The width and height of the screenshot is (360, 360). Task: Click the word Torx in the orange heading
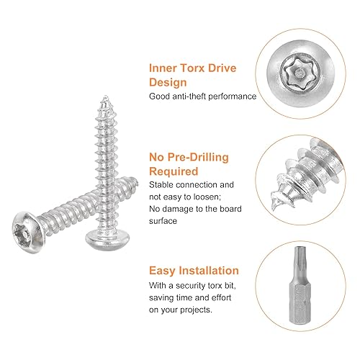point(192,68)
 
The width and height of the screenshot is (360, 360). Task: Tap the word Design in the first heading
point(168,82)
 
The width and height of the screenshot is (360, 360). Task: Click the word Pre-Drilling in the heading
point(198,158)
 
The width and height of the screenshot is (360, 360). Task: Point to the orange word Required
point(174,171)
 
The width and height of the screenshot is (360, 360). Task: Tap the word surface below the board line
point(163,221)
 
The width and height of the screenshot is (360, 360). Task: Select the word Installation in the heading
point(209,271)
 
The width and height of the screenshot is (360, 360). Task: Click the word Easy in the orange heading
point(163,271)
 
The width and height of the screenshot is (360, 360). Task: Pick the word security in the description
point(191,286)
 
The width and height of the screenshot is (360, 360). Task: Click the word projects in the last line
point(196,310)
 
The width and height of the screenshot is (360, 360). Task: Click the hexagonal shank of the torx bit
point(300,302)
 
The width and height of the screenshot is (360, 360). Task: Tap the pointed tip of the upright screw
point(105,96)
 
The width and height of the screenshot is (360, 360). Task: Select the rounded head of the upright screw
point(107,239)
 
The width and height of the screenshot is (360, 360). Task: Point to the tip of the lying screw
point(137,182)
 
